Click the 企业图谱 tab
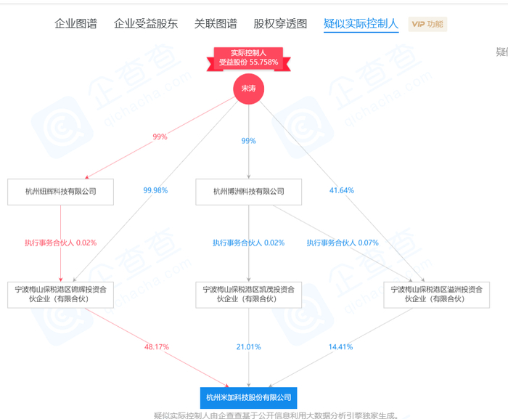tap(75, 23)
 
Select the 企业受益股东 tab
tap(145, 23)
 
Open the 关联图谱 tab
tap(216, 23)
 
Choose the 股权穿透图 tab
tap(280, 23)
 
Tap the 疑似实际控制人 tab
tap(361, 23)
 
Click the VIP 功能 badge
tap(427, 24)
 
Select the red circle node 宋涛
tap(249, 88)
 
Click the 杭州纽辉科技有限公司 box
tap(62, 192)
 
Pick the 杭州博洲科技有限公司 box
tap(249, 192)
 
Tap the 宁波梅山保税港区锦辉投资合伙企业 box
tap(60, 293)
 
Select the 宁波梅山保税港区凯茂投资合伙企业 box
tap(249, 293)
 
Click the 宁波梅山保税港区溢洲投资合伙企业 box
tap(437, 293)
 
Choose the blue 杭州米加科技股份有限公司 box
tap(248, 397)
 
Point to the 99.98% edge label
tap(155, 190)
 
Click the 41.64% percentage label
tap(342, 190)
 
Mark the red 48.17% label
tap(157, 347)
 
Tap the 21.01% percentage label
tap(249, 347)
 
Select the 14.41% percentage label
tap(341, 347)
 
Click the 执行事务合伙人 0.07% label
tap(343, 243)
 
